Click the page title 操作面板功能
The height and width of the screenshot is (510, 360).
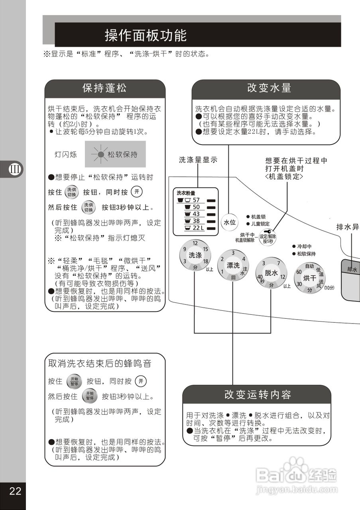[x=146, y=35]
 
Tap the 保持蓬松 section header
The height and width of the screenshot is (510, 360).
[x=104, y=88]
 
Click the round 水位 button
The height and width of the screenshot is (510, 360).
[x=230, y=223]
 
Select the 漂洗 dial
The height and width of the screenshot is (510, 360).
[x=233, y=265]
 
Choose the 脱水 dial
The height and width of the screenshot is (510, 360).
[x=271, y=273]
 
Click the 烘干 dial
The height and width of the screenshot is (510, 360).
[x=309, y=278]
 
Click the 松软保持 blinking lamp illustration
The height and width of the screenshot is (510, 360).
[x=115, y=154]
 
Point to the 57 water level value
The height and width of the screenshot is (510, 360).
[x=196, y=200]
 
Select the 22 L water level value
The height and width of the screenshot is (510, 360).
[x=198, y=228]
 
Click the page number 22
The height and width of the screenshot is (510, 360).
[x=15, y=491]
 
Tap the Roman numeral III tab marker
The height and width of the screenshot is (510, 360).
[x=15, y=169]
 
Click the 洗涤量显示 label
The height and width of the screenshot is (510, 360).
[x=198, y=161]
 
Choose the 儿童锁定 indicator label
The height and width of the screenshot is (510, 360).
[x=260, y=224]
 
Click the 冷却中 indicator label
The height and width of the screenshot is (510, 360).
[x=304, y=246]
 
